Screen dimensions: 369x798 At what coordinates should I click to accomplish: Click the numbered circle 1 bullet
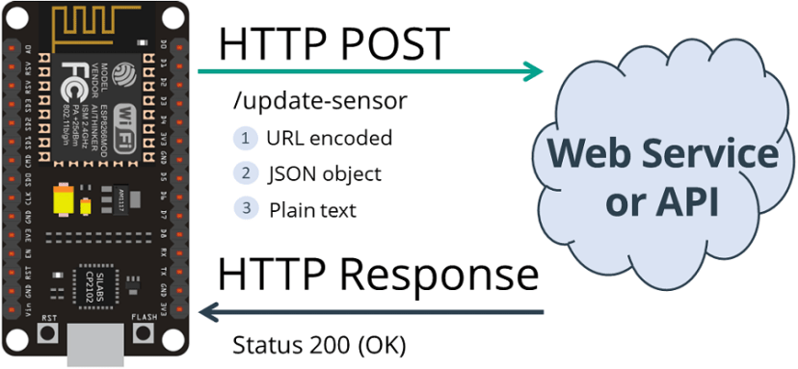click(246, 139)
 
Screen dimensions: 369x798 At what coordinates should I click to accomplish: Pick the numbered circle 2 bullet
click(246, 173)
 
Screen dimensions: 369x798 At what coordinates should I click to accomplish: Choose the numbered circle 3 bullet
click(246, 208)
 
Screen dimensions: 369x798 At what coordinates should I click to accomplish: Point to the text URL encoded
click(330, 139)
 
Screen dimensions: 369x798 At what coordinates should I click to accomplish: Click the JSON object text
click(325, 174)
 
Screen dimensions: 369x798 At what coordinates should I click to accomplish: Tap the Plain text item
click(312, 209)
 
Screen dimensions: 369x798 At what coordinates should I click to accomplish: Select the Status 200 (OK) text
click(319, 344)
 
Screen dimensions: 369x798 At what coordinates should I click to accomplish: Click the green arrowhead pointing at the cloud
click(534, 71)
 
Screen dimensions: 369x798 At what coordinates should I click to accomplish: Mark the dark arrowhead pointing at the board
click(208, 312)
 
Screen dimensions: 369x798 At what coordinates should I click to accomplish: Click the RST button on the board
click(44, 333)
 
